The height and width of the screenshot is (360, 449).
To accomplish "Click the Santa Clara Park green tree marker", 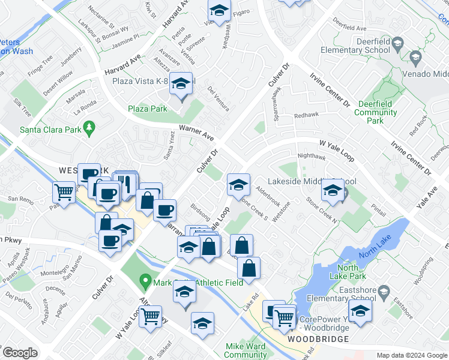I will (89, 127).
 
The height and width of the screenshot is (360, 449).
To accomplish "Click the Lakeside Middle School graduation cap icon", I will (333, 191).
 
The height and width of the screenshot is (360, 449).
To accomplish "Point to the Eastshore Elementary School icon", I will (360, 311).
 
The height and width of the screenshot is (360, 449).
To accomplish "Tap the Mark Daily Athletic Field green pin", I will (145, 280).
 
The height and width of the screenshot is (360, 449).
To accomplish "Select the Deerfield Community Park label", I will (376, 112).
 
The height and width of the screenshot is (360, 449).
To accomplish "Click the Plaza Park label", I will (148, 109).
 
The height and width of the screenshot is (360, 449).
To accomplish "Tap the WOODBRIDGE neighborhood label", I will (317, 339).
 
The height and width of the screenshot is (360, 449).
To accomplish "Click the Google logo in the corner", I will (19, 353).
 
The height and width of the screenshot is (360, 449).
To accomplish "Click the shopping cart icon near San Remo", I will (64, 192).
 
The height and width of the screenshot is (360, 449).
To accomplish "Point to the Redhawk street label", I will (306, 115).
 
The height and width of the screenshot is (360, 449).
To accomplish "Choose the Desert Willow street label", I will (58, 83).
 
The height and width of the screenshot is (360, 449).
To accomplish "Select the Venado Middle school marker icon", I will (415, 58).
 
